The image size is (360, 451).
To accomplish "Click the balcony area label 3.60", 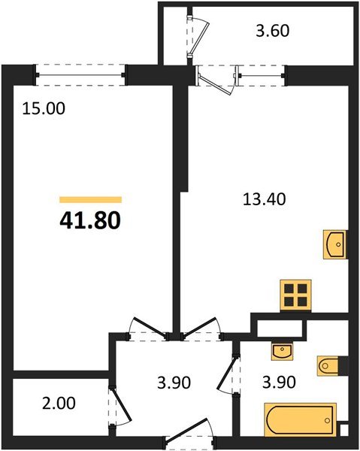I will [271, 32].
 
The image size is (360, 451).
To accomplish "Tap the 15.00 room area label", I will [44, 108].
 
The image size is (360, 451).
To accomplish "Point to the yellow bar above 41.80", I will [90, 199].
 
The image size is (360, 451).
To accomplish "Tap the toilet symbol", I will [331, 365].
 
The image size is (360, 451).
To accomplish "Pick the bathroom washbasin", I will [281, 350].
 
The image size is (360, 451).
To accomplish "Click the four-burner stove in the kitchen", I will [295, 294].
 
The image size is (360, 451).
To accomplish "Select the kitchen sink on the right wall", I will [335, 244].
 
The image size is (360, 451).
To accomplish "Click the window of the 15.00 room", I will [81, 74].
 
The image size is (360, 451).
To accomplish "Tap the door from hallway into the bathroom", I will [228, 373].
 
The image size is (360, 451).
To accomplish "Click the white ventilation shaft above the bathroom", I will [280, 328].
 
